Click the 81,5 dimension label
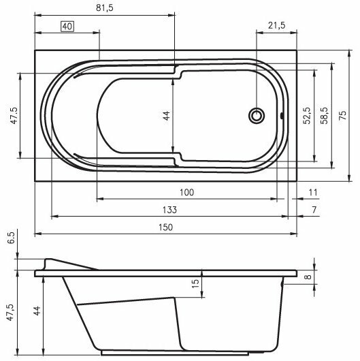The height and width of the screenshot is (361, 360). (x=105, y=7)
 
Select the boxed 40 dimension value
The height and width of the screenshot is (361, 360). (x=67, y=27)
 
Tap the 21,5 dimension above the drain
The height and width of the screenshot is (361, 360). (x=277, y=25)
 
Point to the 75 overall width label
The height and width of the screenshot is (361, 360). (x=342, y=115)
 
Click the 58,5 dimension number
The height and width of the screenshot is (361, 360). (x=325, y=116)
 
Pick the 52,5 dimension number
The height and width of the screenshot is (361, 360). (x=307, y=116)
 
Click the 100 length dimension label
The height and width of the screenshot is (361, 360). (x=186, y=192)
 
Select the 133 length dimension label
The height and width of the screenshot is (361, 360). (x=169, y=210)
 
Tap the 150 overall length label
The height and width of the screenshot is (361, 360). (x=165, y=227)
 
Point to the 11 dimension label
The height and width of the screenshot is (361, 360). (x=313, y=192)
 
